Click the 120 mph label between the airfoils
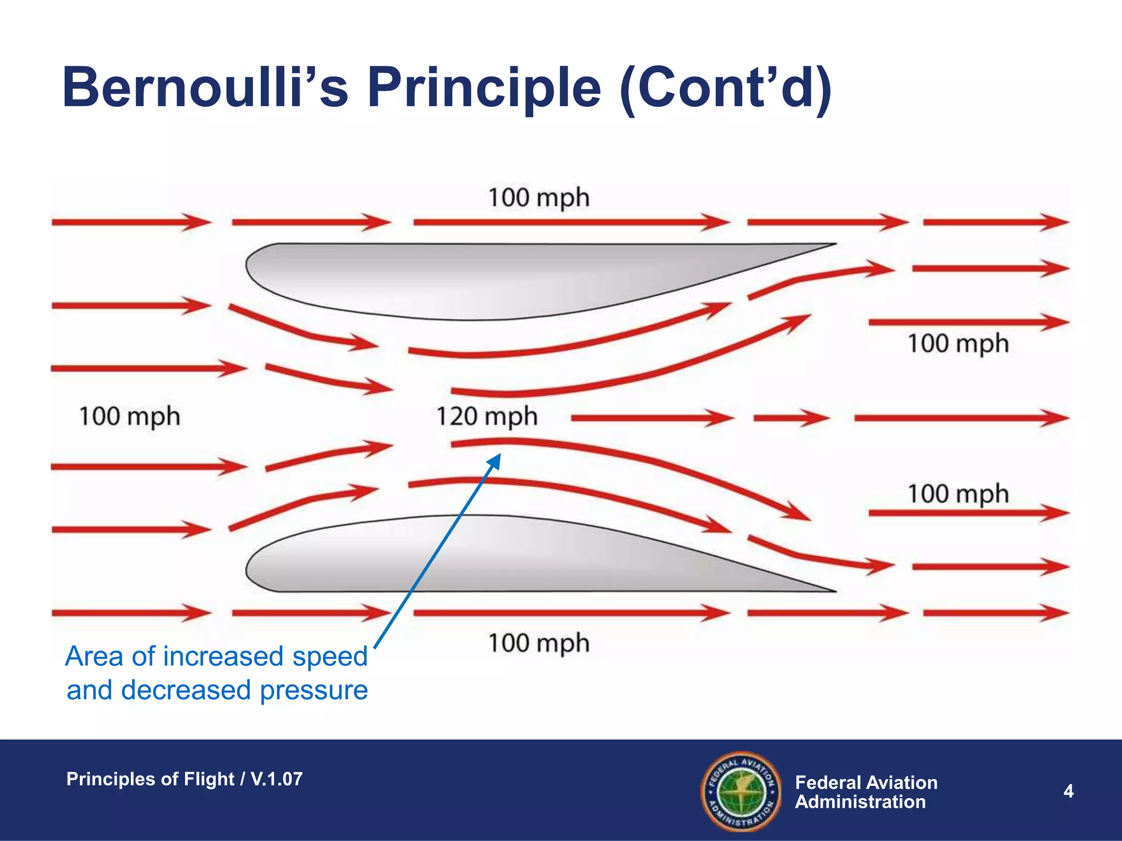point(486,417)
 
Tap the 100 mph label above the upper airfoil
point(539,198)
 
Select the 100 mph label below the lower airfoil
point(539,643)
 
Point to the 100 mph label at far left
point(129,417)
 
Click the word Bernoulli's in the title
point(205,88)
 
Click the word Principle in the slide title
point(484,88)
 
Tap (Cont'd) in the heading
point(725,88)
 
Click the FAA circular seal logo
point(741,791)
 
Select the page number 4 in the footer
point(1068,791)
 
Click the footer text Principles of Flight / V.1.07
point(184,779)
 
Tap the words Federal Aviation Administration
point(866,792)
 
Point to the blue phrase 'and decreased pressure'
point(217,690)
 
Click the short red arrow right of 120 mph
point(791,418)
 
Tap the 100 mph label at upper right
point(958,344)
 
